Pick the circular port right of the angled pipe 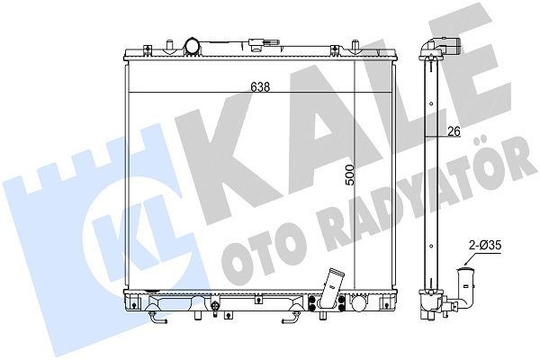tap(359, 303)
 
